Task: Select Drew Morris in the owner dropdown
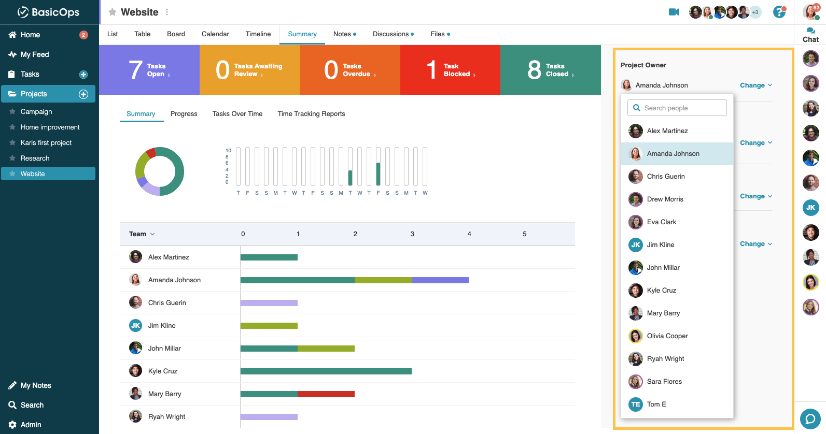665,199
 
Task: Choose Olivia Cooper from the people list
667,336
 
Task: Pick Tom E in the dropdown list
656,404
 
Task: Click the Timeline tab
258,34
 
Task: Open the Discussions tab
391,34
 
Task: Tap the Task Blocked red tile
450,70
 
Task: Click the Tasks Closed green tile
550,70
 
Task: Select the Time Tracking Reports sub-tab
311,114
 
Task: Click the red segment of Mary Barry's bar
326,394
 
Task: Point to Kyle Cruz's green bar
326,371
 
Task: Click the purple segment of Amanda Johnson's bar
440,280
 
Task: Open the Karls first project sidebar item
46,143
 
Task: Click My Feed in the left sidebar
35,54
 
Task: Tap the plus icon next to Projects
83,94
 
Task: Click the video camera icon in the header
674,12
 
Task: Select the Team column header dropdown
142,234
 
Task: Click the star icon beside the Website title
112,12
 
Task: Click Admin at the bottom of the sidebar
31,425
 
